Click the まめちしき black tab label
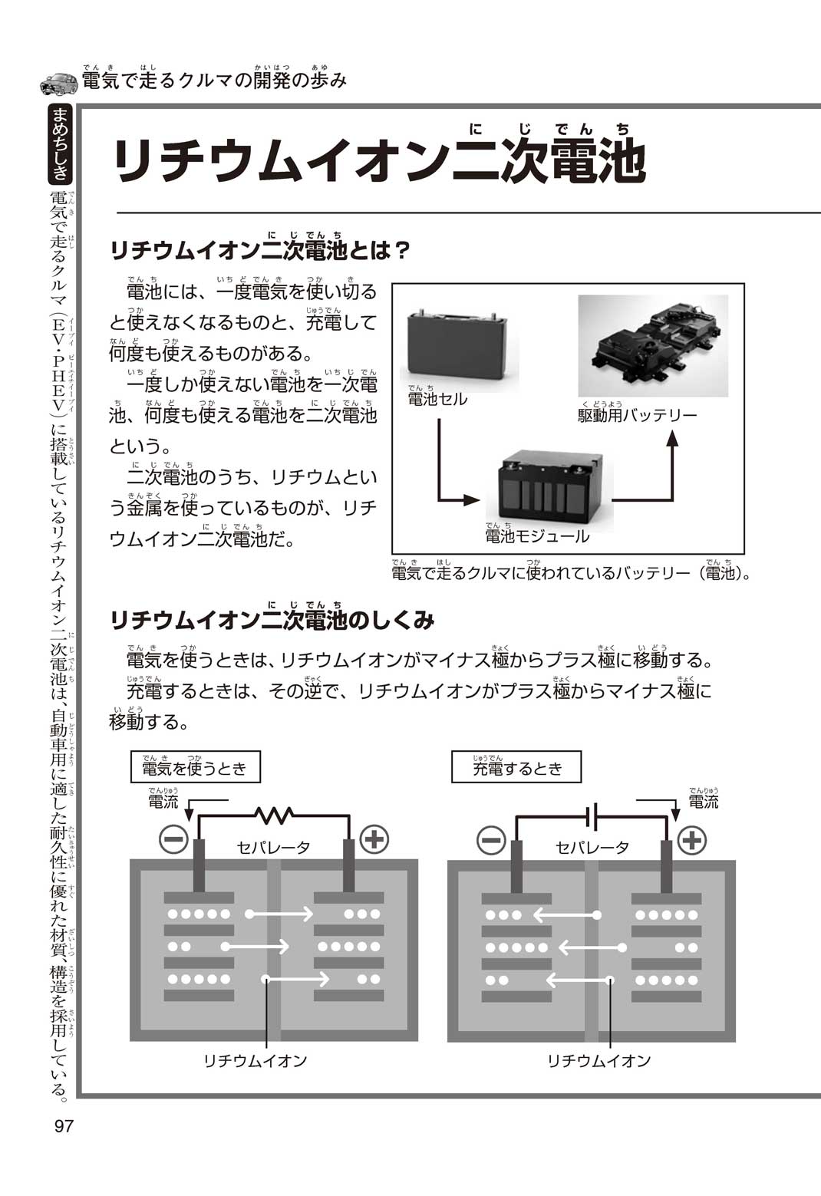point(60,144)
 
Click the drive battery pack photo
point(652,345)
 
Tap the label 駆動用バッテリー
point(637,415)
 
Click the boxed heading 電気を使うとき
point(195,767)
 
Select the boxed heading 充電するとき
point(516,767)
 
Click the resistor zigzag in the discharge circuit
point(274,814)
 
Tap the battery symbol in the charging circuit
point(592,816)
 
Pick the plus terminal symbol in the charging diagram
point(691,840)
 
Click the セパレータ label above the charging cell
point(592,847)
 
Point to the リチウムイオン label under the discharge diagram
point(255,1060)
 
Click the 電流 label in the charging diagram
point(703,801)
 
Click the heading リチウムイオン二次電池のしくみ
point(272,620)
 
